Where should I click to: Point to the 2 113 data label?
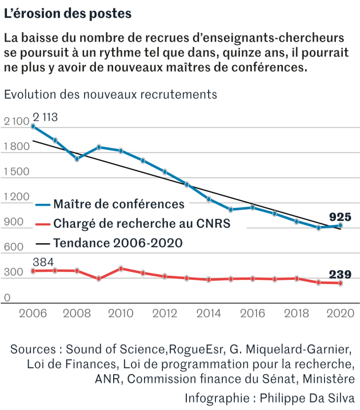[45, 118]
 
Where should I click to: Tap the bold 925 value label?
[340, 217]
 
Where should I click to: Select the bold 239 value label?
[340, 275]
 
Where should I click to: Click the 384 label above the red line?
[44, 262]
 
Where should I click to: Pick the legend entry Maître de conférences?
[118, 204]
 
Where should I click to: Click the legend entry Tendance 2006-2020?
[118, 243]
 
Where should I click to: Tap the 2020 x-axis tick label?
[341, 313]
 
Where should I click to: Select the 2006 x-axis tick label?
[33, 313]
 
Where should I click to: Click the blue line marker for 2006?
[33, 126]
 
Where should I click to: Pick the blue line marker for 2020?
[341, 226]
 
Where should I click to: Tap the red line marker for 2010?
[121, 268]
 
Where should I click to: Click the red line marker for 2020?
[341, 283]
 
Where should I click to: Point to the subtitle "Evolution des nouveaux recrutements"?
[111, 94]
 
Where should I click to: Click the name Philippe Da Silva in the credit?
[309, 397]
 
